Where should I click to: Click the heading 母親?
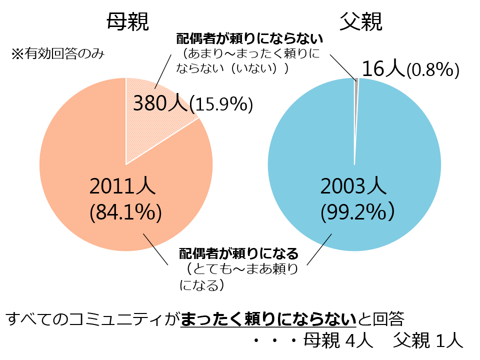tap(128, 21)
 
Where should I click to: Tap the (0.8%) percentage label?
tap(432, 70)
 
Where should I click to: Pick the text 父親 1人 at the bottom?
tap(428, 341)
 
